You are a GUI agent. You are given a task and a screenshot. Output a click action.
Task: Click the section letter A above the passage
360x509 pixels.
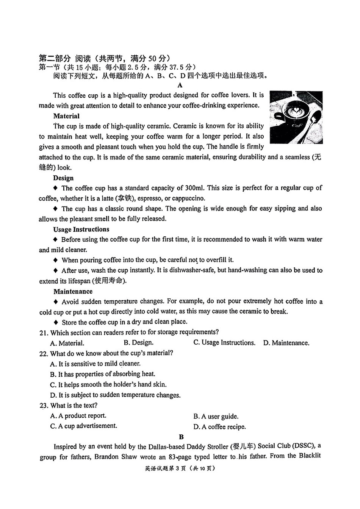[x=180, y=85]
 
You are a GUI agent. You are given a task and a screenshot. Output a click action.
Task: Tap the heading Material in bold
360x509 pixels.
[x=66, y=116]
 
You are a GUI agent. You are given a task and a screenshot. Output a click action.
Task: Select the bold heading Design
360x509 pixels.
[x=63, y=178]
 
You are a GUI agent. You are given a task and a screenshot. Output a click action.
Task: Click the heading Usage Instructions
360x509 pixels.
[x=81, y=229]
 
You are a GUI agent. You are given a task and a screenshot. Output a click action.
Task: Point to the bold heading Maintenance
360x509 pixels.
[x=73, y=291]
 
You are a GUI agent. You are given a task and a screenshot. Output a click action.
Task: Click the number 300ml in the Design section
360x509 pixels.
[x=194, y=188]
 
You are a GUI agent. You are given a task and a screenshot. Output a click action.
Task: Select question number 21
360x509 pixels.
[x=43, y=333]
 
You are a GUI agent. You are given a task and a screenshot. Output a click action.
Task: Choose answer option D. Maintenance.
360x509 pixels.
[x=286, y=343]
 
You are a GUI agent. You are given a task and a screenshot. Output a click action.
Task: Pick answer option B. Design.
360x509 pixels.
[x=138, y=342]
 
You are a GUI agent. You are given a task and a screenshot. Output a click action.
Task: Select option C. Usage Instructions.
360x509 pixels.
[x=224, y=342]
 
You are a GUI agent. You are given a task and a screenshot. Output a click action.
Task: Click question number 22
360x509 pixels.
[x=43, y=353]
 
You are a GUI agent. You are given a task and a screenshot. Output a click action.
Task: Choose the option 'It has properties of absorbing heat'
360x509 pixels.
[x=103, y=374]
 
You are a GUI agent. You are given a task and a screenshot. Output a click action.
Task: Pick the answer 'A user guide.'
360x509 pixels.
[x=216, y=416]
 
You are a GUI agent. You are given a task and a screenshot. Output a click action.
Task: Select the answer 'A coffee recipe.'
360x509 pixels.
[x=219, y=427]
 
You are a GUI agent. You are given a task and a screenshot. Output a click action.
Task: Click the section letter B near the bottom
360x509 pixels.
[x=182, y=436]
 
